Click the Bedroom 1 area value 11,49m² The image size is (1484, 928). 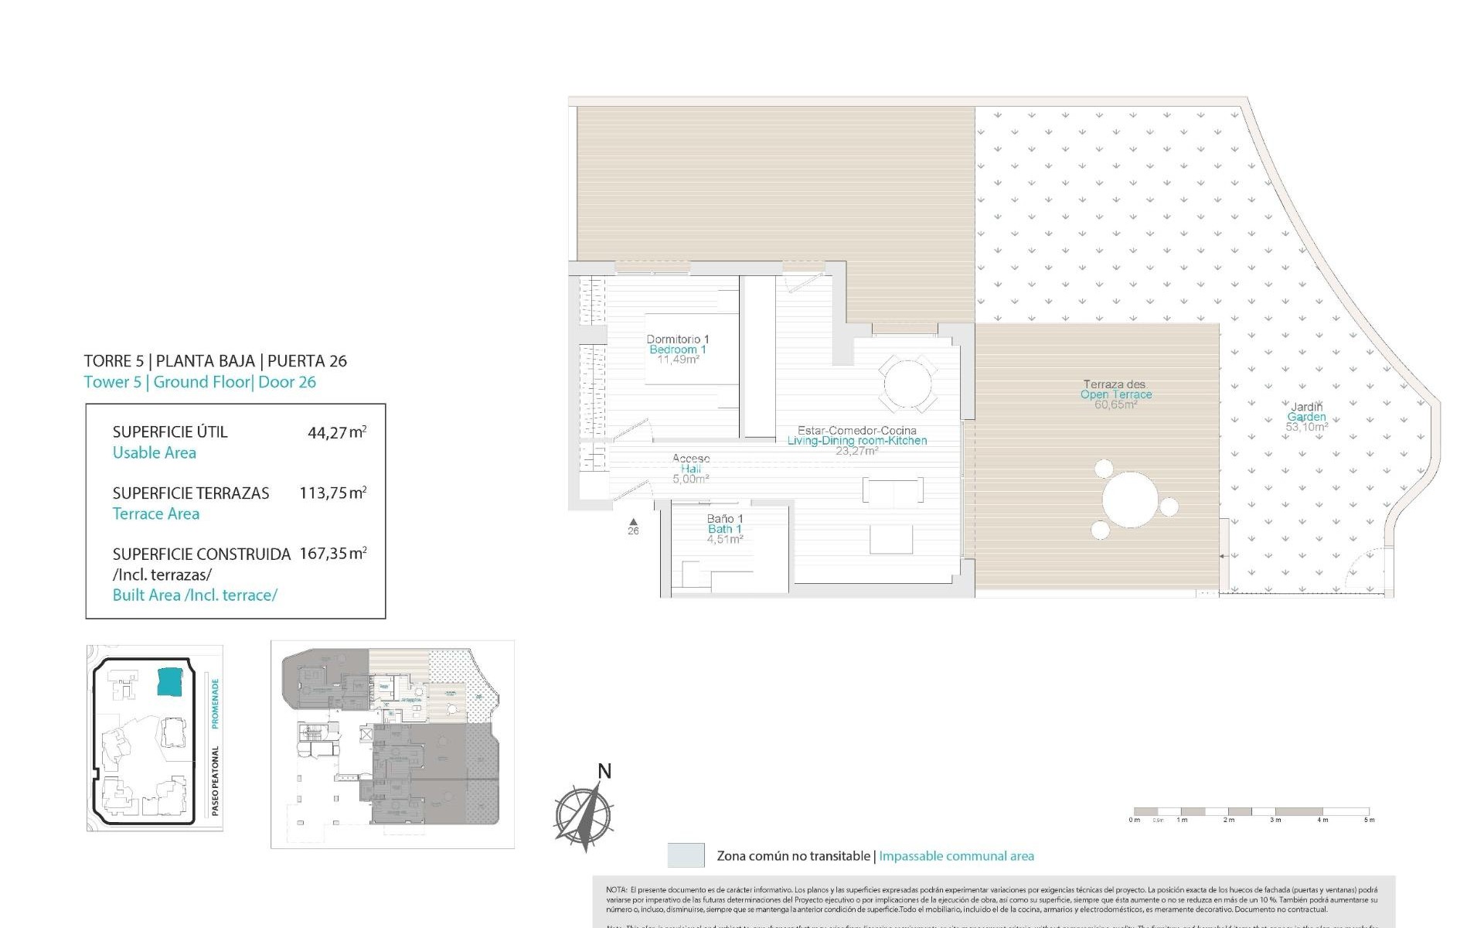[x=678, y=360]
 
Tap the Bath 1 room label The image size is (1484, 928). [x=724, y=529]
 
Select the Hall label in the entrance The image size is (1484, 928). [x=691, y=469]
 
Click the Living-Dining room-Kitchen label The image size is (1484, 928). [x=856, y=441]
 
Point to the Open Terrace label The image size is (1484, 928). [x=1115, y=394]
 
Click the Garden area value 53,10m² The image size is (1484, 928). [x=1306, y=427]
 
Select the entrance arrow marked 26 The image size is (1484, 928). [x=633, y=523]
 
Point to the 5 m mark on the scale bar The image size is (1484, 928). [x=1369, y=820]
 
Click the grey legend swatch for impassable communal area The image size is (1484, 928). [x=686, y=855]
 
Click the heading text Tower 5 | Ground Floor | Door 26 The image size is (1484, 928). [x=199, y=382]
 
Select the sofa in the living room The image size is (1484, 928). [x=893, y=490]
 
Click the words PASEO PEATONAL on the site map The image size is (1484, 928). [x=216, y=780]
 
